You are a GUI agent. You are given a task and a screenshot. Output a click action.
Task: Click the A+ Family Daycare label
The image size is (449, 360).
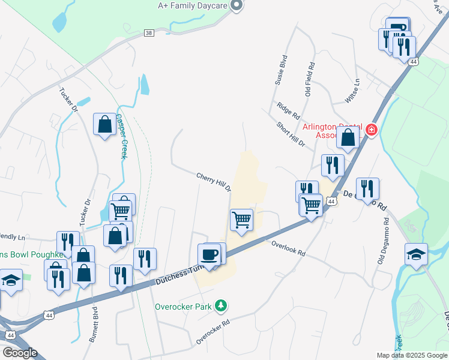coord(192,5)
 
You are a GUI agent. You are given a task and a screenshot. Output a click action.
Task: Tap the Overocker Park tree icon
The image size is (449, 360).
coord(221,306)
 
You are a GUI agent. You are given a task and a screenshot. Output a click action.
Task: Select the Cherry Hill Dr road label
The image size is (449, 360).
coord(214,182)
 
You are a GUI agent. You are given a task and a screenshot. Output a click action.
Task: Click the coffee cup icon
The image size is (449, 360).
coord(209,254)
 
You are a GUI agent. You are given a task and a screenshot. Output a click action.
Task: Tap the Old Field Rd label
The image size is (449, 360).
coord(310,82)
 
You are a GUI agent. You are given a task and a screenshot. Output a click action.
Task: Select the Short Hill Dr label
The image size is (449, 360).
coord(291,135)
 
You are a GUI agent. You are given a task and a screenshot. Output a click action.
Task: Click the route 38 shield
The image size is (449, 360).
coord(149,34)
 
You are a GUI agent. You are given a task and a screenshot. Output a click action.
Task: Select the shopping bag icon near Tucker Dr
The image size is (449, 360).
coord(104,124)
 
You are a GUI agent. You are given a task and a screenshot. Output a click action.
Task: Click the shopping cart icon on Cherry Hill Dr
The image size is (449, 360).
coord(241,220)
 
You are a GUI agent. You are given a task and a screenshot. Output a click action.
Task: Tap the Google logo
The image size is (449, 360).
coord(19,353)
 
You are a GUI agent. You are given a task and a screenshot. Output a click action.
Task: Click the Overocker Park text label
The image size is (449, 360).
coord(184,307)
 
